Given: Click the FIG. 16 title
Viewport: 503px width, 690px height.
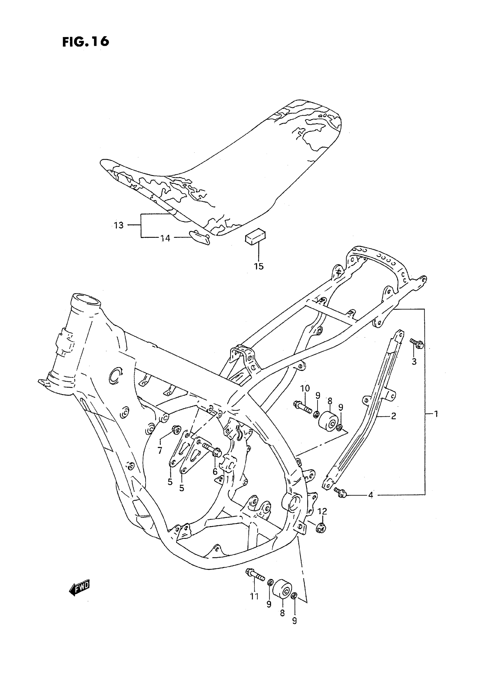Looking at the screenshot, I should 86,42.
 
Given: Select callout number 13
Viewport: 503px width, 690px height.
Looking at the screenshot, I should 118,226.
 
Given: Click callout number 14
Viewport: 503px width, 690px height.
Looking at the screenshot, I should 165,238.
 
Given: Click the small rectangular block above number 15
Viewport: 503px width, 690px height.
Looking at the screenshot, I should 255,236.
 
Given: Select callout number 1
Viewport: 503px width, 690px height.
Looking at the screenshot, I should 436,414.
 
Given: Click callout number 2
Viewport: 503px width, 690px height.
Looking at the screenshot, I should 394,416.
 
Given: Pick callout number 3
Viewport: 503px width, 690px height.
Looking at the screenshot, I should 414,362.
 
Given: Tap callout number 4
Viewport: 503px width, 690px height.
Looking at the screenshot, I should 370,495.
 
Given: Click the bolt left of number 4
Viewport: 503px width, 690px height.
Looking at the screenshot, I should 341,492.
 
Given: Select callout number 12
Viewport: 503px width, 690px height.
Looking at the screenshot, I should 322,512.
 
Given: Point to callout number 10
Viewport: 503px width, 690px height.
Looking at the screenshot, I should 305,388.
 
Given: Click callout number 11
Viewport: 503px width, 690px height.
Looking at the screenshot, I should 254,596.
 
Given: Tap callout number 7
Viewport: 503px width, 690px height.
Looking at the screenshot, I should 160,450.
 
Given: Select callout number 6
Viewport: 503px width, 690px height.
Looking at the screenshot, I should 215,472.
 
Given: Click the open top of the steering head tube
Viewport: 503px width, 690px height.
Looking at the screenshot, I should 87,301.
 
